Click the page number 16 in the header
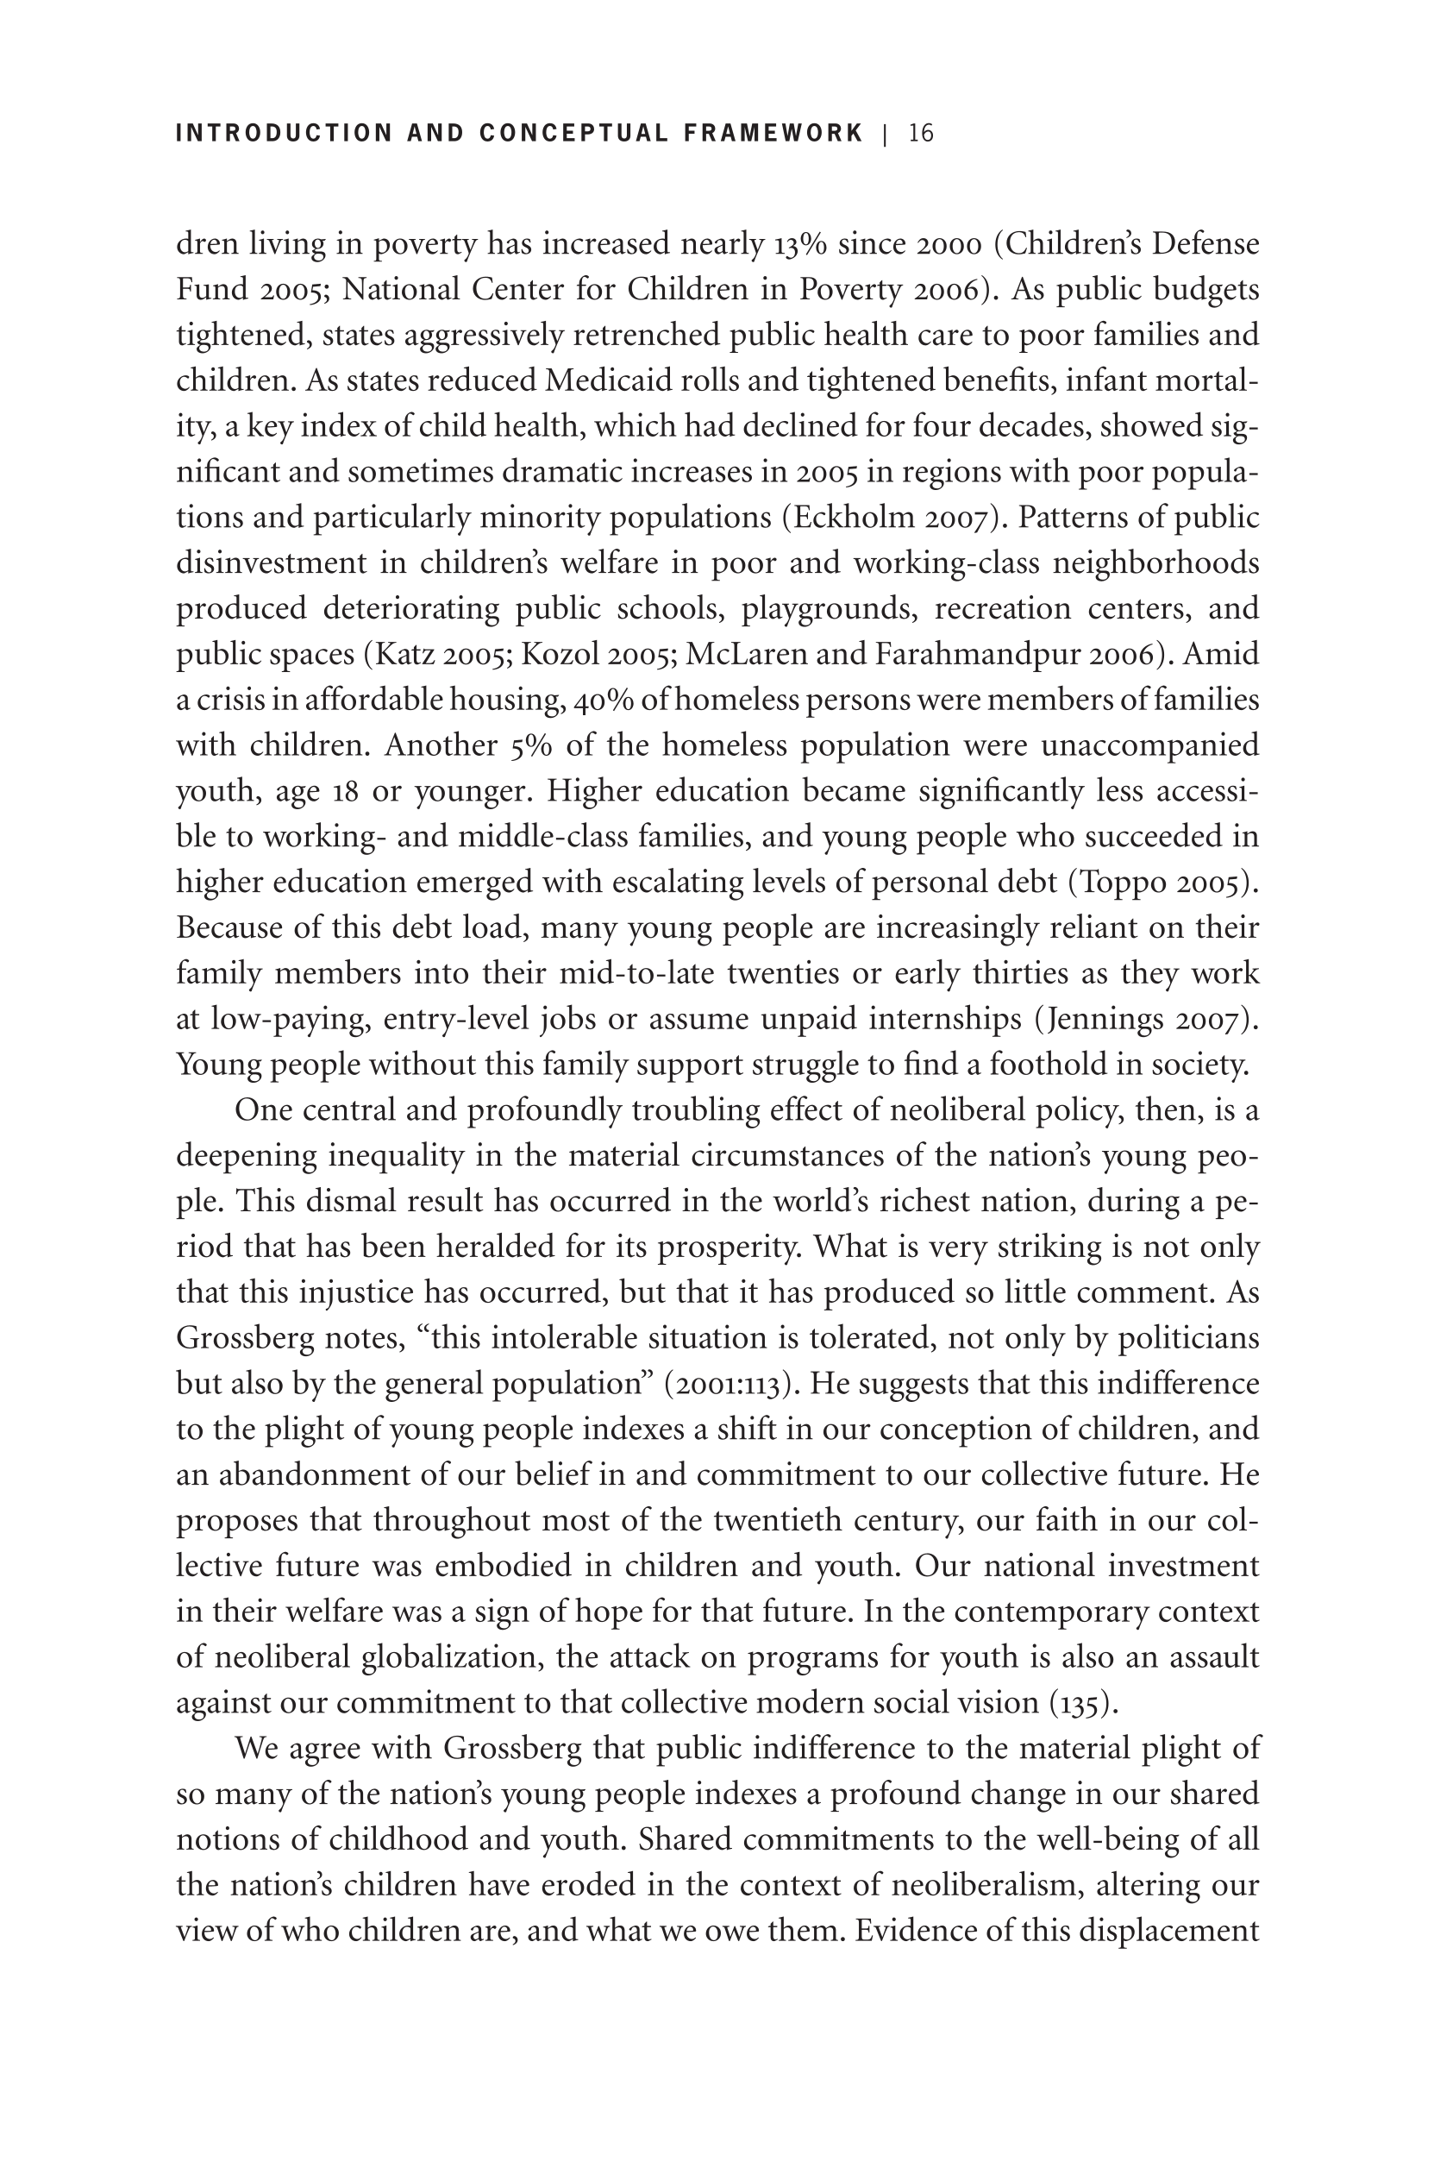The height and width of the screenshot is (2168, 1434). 921,134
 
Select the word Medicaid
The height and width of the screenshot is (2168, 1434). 598,380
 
